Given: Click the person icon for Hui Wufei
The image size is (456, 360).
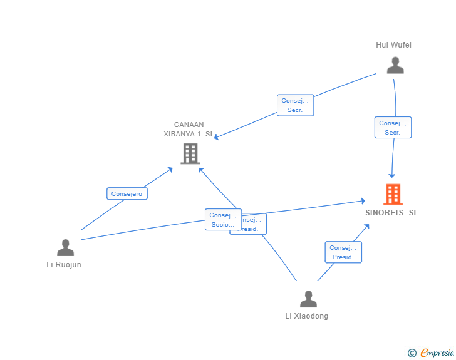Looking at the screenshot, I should point(395,65).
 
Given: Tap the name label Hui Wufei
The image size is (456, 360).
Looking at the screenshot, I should point(393,45).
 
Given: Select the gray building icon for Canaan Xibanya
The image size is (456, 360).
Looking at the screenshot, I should point(190,153).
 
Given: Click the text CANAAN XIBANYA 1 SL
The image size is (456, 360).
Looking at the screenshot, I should point(188,129).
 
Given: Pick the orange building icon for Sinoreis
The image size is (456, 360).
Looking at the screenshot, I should point(393,194).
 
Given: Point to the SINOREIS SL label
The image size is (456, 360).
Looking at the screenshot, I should point(391,213).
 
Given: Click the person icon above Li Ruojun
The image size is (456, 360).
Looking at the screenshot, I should point(65,248).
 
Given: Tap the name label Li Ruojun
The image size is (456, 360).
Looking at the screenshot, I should point(64,265).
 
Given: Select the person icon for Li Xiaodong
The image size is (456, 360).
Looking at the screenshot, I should point(308,299).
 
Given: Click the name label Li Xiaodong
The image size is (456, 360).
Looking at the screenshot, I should point(306,316).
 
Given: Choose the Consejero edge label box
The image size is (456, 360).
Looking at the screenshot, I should point(127,194).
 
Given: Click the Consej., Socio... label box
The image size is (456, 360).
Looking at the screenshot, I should point(223,220).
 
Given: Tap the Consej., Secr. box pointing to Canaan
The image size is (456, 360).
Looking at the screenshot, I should point(295,105).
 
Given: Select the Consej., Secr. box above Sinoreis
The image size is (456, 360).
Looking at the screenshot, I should point(393,128).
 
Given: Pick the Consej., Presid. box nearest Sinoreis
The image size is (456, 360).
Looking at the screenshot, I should point(343,252).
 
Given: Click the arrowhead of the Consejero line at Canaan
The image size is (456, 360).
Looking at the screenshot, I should point(170,169).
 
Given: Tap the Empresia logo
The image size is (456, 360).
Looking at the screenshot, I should point(437,353).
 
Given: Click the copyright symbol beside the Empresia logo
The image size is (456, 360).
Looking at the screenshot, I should point(412,353).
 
